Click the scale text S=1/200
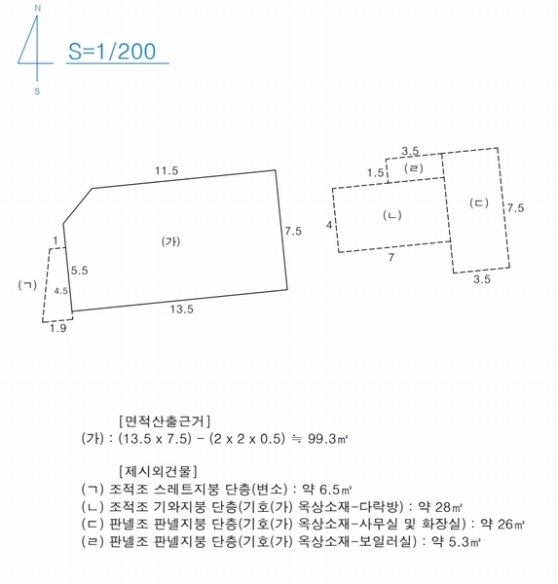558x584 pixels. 112,52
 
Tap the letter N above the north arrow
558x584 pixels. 37,9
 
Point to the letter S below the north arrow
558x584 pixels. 37,92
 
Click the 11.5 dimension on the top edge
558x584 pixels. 167,170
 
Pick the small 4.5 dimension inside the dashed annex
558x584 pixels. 60,291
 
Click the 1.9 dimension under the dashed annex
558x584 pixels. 57,329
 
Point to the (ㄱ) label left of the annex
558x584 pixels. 27,284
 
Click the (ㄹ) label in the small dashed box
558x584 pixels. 415,169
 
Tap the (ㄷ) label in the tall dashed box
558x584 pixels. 477,203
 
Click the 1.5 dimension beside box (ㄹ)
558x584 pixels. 375,172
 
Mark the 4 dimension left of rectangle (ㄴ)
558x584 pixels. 329,225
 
